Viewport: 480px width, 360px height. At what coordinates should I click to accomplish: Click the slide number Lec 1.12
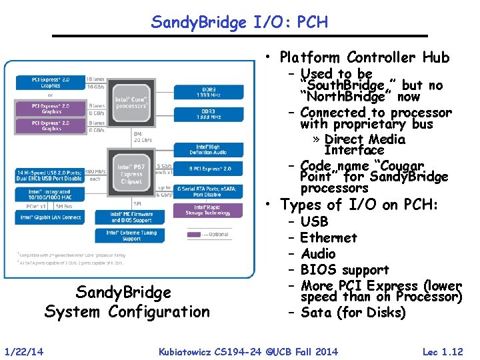[x=443, y=351]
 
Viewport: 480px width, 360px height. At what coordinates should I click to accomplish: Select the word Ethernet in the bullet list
[x=328, y=238]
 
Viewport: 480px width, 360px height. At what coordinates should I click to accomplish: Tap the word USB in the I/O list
[x=314, y=222]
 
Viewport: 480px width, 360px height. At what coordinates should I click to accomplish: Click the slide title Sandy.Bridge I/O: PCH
[x=239, y=22]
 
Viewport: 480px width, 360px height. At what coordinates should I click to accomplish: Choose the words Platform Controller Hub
[x=365, y=57]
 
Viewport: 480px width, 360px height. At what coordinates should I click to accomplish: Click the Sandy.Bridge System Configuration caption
[x=127, y=302]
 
